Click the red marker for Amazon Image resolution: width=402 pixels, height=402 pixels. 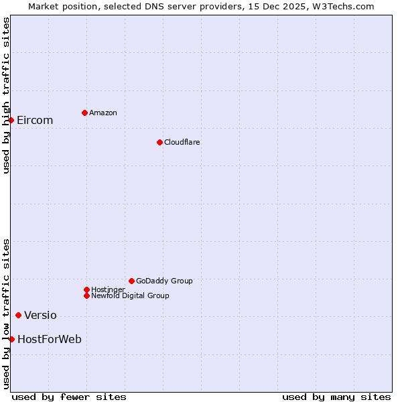point(84,113)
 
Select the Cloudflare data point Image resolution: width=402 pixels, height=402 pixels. point(159,142)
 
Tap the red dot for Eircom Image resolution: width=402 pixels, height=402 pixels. point(11,120)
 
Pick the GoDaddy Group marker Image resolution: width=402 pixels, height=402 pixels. point(131,281)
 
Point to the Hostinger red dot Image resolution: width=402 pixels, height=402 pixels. point(86,289)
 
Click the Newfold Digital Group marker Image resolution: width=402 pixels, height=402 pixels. point(86,295)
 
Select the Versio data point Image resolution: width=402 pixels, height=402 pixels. point(18,315)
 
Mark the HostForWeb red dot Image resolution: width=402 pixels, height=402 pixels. point(11,339)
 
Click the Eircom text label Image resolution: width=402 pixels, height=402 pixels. point(35,121)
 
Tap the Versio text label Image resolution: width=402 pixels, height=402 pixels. point(40,316)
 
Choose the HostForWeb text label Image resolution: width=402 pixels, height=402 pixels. point(50,340)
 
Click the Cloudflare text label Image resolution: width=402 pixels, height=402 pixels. point(182,143)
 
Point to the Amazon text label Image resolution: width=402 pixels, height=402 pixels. point(103,113)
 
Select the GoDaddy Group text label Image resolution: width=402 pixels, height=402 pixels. point(164,281)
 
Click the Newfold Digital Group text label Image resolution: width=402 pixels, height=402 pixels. point(130,296)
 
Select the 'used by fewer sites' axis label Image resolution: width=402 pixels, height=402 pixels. point(69,397)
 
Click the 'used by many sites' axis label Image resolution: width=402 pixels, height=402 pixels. point(336,397)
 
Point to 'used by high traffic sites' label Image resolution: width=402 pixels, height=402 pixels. point(6,95)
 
